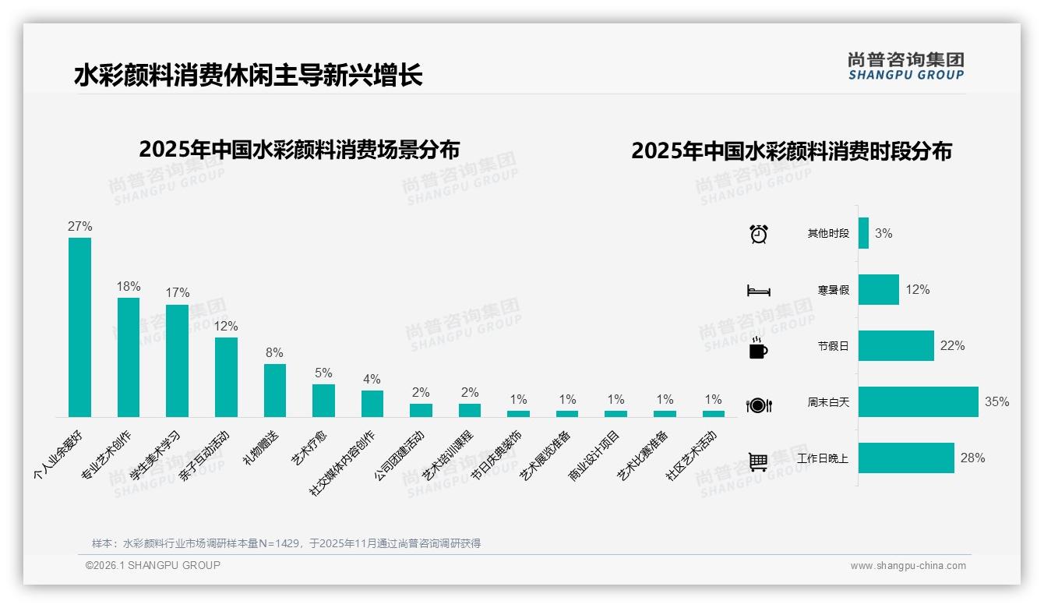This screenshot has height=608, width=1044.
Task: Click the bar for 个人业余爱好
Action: tap(79, 327)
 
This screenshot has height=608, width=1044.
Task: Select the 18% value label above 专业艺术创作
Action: tap(129, 286)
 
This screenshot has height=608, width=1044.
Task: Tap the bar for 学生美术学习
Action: tap(177, 360)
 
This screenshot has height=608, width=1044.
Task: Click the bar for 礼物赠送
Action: tap(274, 390)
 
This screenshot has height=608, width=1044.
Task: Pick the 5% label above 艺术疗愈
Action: tap(323, 373)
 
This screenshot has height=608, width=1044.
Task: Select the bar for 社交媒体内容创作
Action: tap(372, 403)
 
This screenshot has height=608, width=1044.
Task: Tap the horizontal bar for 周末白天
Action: tap(918, 402)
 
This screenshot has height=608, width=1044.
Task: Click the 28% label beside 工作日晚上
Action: tap(972, 458)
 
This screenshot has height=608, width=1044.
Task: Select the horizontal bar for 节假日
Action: tap(896, 345)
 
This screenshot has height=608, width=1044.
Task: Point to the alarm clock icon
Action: tap(758, 234)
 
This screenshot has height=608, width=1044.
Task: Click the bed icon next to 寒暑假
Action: tap(758, 291)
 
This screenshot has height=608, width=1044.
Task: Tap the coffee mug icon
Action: tap(758, 348)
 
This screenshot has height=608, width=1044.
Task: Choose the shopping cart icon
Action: tap(758, 461)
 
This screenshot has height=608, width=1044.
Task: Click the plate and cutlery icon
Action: tap(758, 405)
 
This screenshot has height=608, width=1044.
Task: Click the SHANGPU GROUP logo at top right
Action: tap(906, 66)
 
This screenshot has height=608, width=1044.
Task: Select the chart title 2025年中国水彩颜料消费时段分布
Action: tap(792, 151)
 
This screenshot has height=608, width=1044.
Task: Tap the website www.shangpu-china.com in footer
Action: tap(908, 566)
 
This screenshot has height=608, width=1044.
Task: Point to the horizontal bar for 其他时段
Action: tap(863, 233)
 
